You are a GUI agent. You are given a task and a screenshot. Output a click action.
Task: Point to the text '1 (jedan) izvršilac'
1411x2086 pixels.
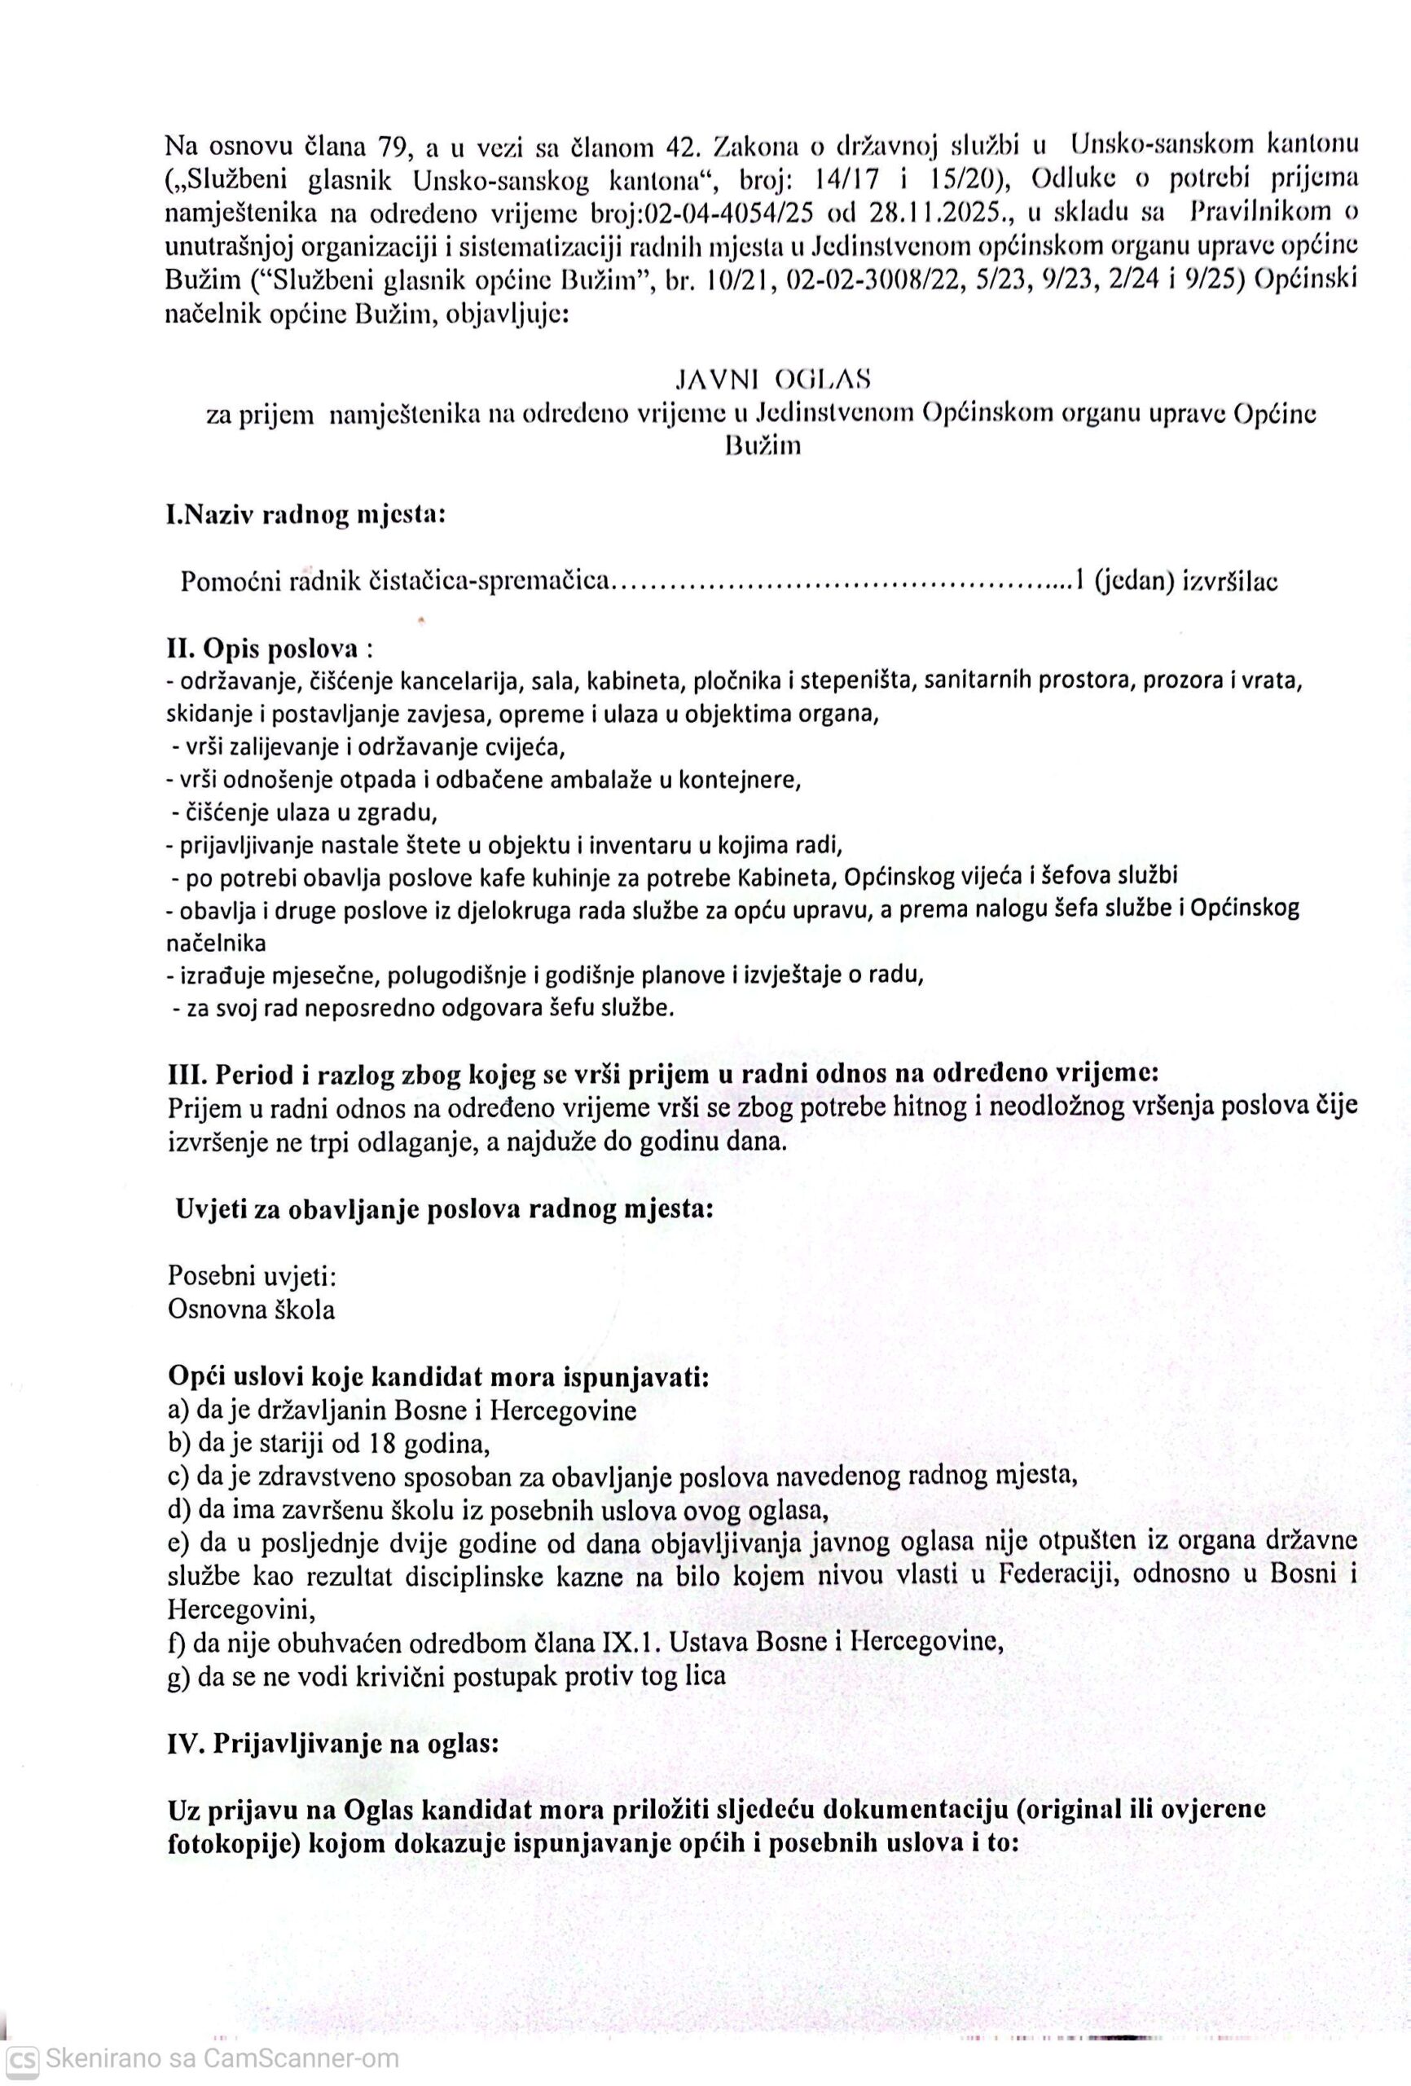coord(1176,581)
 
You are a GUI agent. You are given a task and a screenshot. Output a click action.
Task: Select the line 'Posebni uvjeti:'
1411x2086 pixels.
coord(253,1275)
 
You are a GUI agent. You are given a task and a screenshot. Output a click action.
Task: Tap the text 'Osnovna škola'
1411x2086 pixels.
coord(251,1309)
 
